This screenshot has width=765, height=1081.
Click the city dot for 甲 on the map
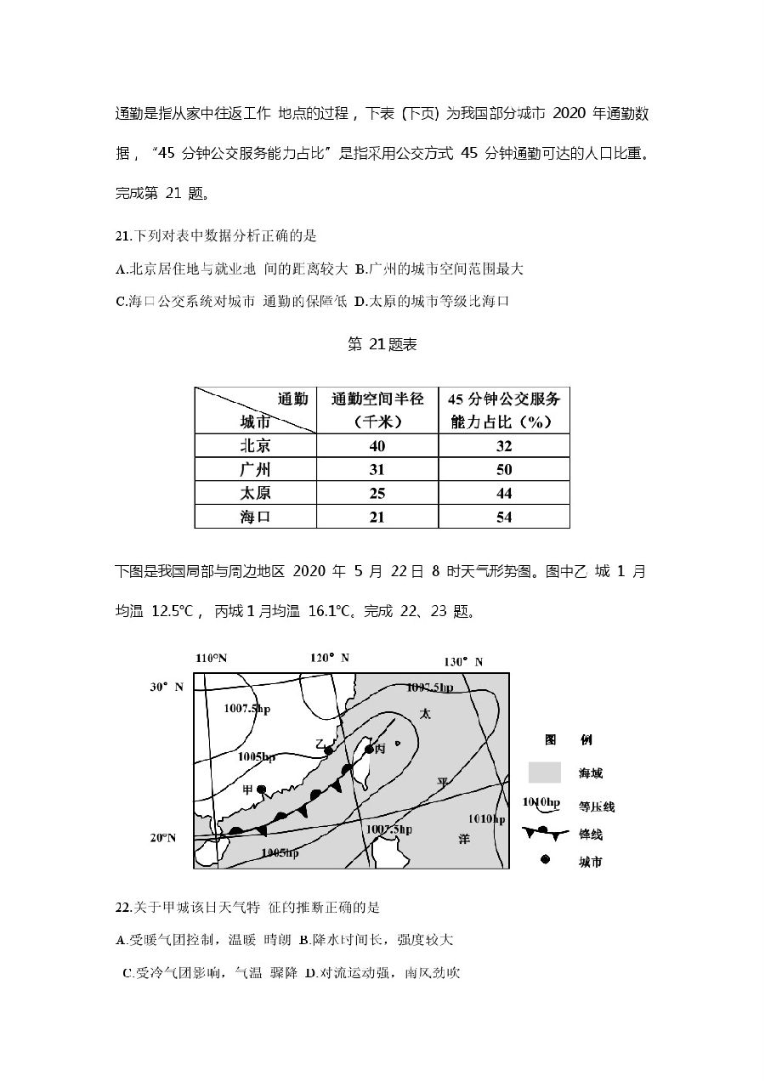click(x=262, y=790)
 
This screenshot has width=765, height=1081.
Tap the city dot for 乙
click(x=328, y=750)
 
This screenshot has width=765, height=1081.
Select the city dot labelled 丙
click(x=369, y=749)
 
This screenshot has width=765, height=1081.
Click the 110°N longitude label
click(x=212, y=659)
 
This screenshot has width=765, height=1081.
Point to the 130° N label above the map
click(x=464, y=662)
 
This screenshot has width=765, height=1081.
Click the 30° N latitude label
click(x=167, y=687)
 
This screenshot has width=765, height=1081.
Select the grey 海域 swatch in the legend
click(x=544, y=773)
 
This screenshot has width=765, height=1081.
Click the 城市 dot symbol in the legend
click(x=545, y=860)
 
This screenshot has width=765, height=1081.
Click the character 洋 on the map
click(x=464, y=838)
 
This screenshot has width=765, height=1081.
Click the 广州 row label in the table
click(x=255, y=470)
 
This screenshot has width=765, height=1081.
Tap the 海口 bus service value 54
click(x=504, y=517)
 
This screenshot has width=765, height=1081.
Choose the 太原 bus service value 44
click(x=504, y=494)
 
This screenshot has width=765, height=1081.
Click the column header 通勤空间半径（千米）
click(x=377, y=410)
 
